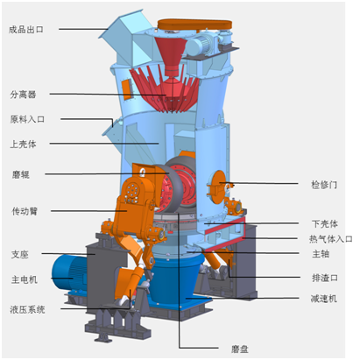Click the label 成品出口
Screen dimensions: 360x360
26,30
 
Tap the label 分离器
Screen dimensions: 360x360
23,95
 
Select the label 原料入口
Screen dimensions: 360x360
27,119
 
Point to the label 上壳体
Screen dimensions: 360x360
23,144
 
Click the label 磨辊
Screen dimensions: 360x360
21,174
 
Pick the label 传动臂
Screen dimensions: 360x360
25,211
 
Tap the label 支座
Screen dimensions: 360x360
20,254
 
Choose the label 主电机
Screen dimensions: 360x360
25,279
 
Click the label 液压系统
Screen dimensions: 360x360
27,309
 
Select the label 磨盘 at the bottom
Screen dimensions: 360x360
240,349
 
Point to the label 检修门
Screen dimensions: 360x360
324,185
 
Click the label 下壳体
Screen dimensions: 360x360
325,224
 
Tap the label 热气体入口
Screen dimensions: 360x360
331,239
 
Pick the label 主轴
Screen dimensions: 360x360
321,254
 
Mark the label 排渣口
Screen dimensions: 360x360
325,278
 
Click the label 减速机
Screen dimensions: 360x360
324,299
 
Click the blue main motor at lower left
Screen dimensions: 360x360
68,272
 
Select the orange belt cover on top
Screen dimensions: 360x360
194,25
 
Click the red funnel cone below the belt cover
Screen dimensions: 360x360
171,55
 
